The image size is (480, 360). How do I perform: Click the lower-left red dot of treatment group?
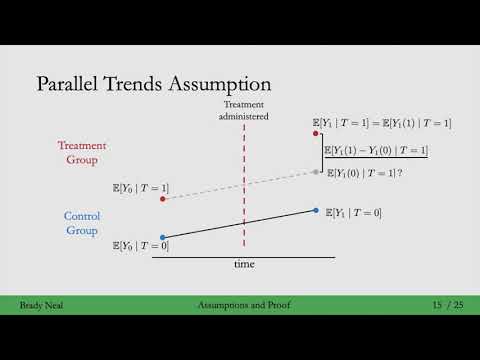pyautogui.click(x=162, y=198)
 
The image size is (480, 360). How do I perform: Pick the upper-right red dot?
pyautogui.click(x=317, y=133)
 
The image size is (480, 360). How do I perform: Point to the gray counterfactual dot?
pyautogui.click(x=316, y=172)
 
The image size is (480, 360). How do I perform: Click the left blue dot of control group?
pyautogui.click(x=162, y=237)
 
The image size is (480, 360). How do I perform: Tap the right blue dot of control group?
pyautogui.click(x=317, y=210)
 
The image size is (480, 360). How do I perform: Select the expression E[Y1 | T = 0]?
pyautogui.click(x=354, y=213)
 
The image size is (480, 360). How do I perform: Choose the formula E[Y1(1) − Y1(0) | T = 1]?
pyautogui.click(x=375, y=150)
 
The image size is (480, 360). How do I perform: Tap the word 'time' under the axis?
pyautogui.click(x=244, y=264)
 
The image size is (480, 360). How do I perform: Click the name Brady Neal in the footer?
pyautogui.click(x=42, y=304)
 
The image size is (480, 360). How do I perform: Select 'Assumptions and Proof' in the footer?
pyautogui.click(x=242, y=304)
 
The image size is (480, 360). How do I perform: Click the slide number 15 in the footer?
pyautogui.click(x=438, y=304)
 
